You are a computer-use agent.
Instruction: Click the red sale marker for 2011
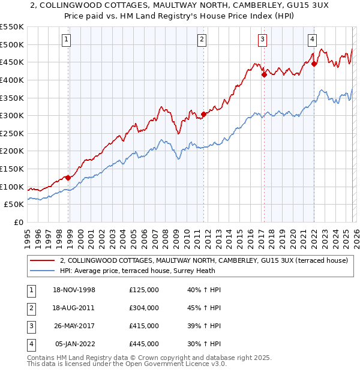point(203,114)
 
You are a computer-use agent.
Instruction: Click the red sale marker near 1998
point(68,178)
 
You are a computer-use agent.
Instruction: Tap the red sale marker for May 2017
point(264,74)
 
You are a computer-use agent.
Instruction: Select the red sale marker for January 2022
point(313,64)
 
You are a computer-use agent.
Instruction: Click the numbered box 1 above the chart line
point(65,40)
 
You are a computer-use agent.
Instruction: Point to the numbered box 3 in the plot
point(263,40)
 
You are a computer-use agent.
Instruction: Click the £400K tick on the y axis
point(12,80)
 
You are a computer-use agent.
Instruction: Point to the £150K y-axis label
point(12,169)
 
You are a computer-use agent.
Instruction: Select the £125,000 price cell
point(144,290)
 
